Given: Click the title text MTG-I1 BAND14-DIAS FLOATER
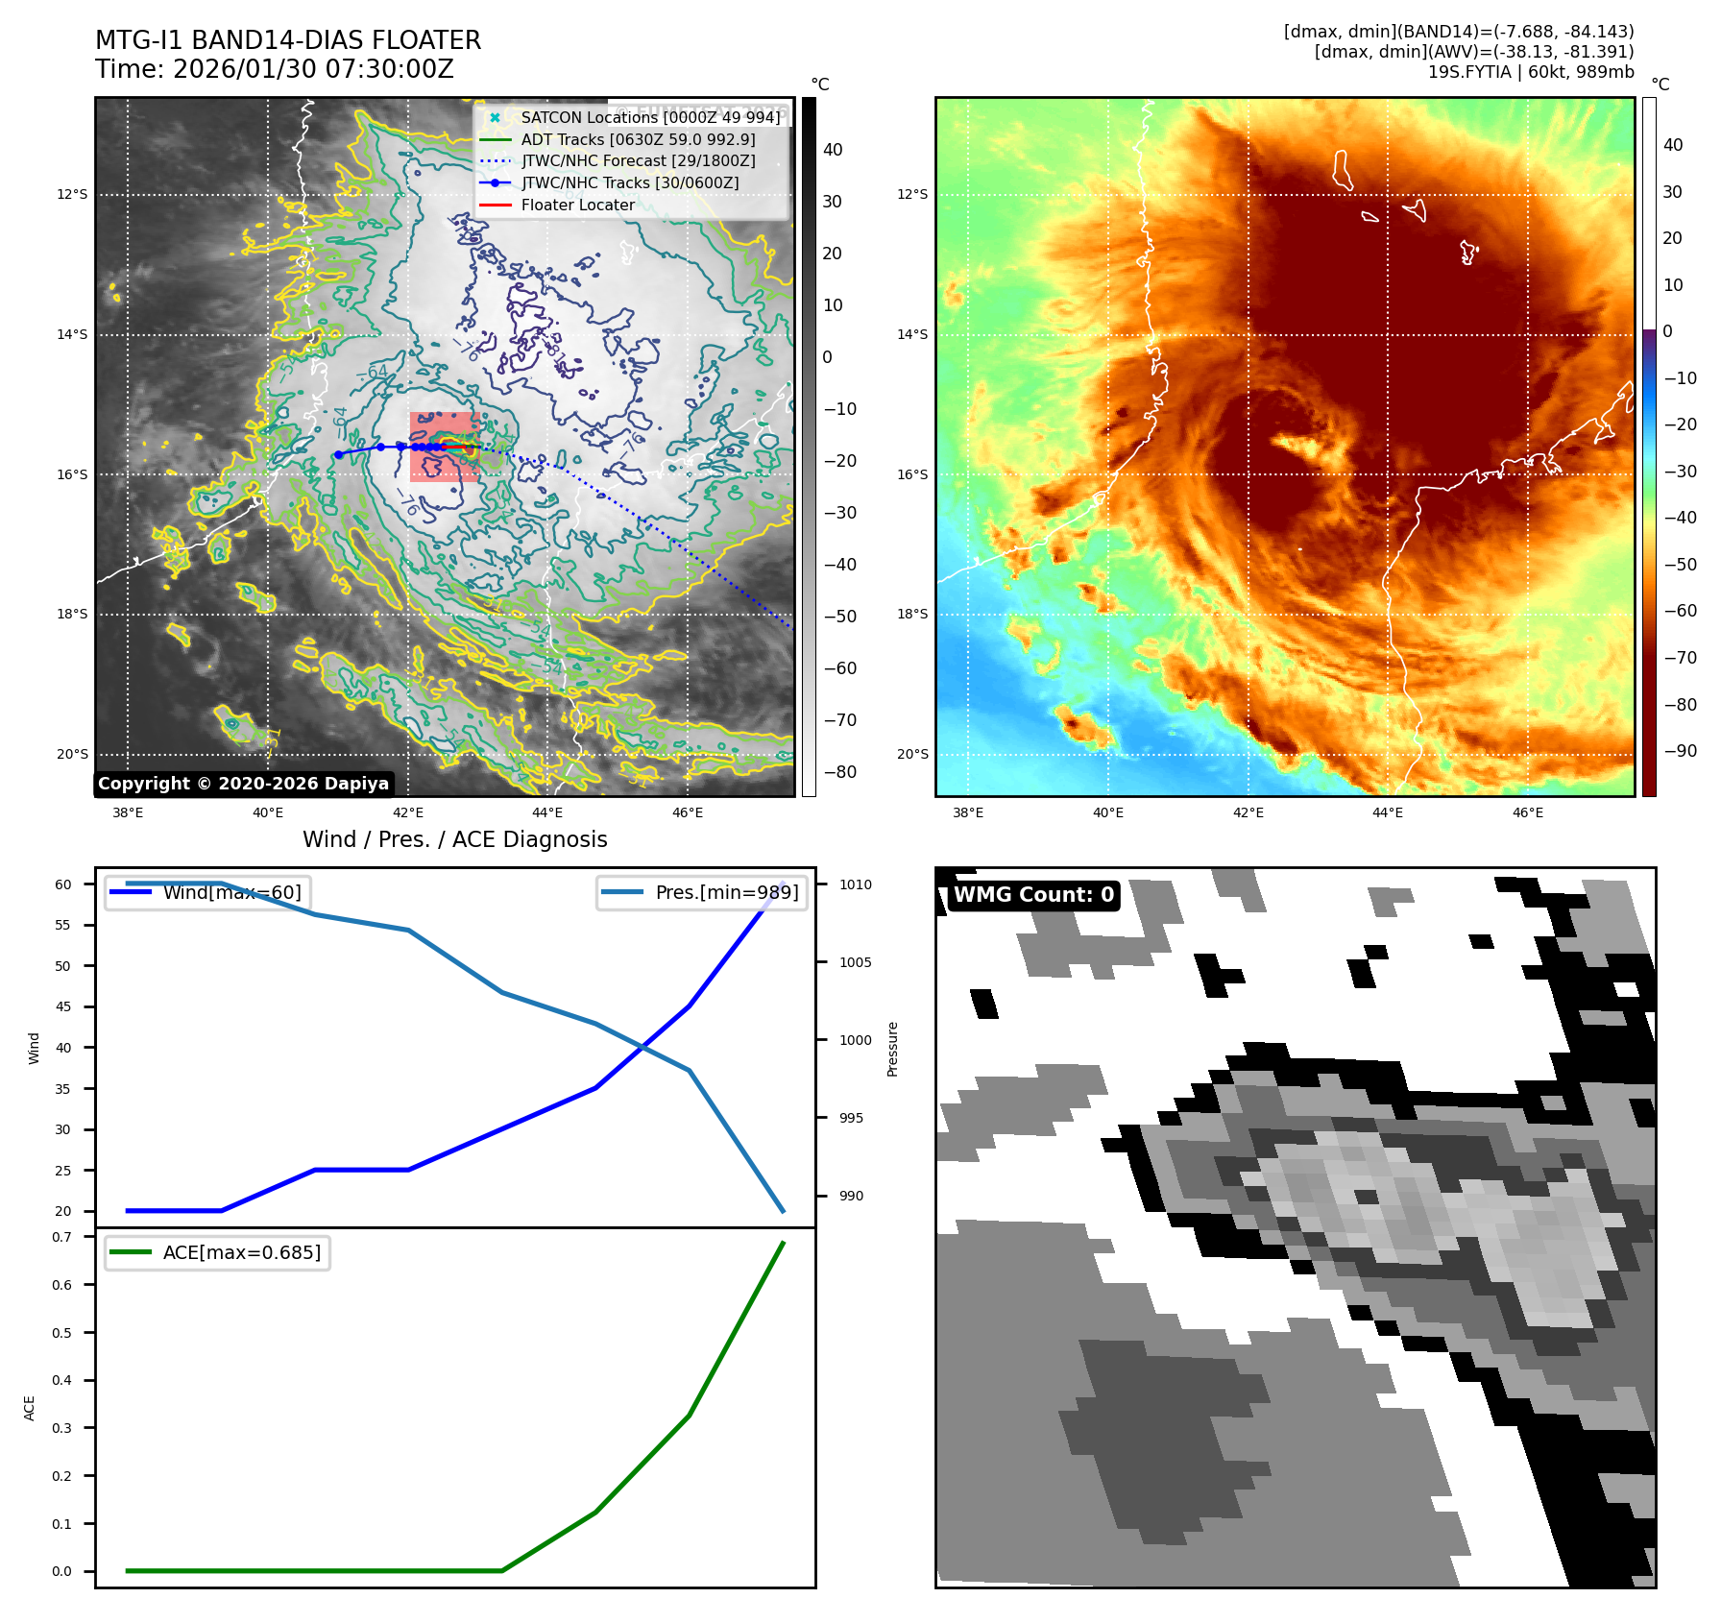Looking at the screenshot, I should tap(288, 40).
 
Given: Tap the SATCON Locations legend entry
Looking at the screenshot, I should tap(650, 117).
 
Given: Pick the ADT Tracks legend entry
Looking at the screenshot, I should tap(638, 139).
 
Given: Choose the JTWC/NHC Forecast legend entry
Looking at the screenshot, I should tap(638, 161).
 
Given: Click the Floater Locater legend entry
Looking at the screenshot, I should tap(577, 205).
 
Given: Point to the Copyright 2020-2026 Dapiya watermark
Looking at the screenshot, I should tap(243, 784).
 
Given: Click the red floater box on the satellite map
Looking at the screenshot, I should tap(444, 447).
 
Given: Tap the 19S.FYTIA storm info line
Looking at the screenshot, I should tap(1530, 72).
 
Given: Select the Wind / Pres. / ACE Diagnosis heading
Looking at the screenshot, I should tap(454, 839).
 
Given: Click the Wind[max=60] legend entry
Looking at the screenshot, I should tap(231, 892).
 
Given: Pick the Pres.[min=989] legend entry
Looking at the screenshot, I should tap(726, 892).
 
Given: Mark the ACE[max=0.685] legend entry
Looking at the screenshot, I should tap(241, 1252).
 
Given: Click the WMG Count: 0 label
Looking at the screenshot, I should tap(1033, 895).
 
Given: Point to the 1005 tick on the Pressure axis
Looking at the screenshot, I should tap(855, 962).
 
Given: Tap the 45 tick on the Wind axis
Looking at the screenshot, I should tap(62, 1006).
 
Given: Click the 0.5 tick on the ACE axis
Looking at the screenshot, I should tap(61, 1333).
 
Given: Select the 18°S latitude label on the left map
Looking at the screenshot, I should tap(71, 615).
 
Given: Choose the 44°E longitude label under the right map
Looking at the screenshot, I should tap(1388, 812).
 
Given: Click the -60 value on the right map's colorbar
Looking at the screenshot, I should tap(1680, 611).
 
